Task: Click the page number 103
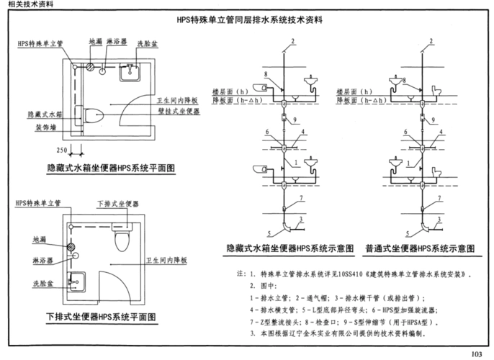[475, 353]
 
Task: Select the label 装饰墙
[45, 127]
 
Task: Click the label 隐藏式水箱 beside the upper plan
[45, 114]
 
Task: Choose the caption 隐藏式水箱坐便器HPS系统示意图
[289, 248]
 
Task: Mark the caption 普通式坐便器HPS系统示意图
[419, 248]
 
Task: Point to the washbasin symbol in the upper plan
[132, 70]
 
